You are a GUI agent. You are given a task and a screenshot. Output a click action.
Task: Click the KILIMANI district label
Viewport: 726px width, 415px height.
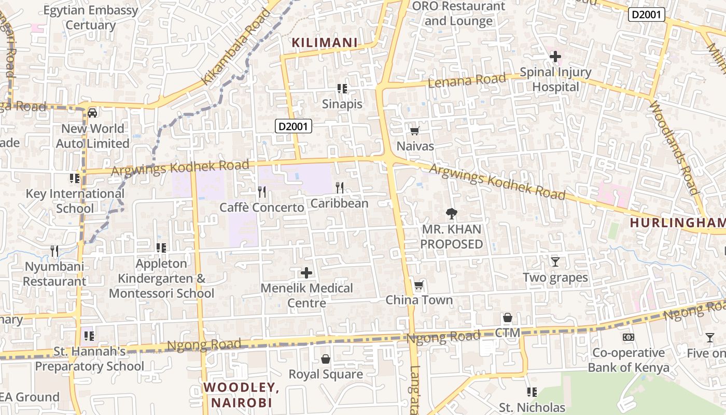click(x=325, y=43)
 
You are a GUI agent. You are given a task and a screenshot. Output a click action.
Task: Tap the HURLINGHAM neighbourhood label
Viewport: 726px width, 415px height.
click(x=677, y=223)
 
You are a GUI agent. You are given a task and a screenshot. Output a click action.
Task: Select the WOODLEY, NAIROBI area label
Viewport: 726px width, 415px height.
click(x=238, y=395)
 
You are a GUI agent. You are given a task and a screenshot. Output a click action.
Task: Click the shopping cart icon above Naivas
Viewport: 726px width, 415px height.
click(x=414, y=131)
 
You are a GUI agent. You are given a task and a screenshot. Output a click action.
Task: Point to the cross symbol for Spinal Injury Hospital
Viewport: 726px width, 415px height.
click(x=555, y=56)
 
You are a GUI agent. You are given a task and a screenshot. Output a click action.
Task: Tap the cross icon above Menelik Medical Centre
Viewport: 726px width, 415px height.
click(x=306, y=272)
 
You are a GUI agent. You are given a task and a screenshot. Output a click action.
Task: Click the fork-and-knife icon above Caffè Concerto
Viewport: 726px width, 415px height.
click(x=262, y=192)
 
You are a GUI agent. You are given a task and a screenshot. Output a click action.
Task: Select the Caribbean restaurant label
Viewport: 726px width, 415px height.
click(x=339, y=203)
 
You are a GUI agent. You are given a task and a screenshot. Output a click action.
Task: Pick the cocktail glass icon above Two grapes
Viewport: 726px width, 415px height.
click(x=555, y=261)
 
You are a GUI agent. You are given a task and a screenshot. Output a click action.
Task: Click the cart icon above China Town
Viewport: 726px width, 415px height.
click(x=418, y=285)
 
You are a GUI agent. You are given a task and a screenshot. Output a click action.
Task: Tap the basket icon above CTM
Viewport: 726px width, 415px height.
click(x=507, y=317)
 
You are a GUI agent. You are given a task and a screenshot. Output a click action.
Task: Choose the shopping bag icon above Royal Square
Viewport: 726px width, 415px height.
click(x=326, y=359)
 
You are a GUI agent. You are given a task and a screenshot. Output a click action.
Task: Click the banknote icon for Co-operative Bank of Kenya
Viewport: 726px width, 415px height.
click(x=629, y=337)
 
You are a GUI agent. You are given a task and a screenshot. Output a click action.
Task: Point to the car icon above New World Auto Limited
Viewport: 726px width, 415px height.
click(x=92, y=113)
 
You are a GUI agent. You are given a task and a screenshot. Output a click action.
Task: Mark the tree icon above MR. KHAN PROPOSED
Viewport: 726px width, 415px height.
click(x=452, y=213)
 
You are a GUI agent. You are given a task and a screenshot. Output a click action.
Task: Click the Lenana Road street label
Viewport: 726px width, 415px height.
click(x=467, y=80)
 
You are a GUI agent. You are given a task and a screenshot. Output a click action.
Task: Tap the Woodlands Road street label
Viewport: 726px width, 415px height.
click(x=674, y=148)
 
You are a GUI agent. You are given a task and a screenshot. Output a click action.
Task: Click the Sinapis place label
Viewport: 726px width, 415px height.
click(x=342, y=104)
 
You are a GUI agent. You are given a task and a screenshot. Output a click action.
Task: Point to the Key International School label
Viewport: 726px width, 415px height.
click(x=75, y=201)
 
